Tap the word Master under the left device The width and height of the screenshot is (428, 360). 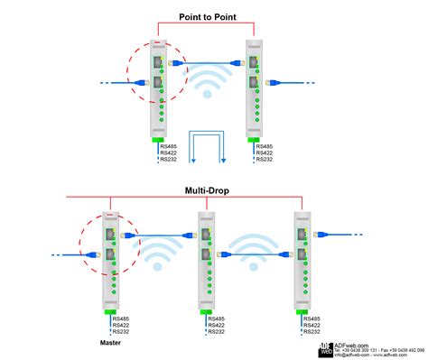[x=112, y=344]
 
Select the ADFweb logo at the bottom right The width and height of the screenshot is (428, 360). [x=325, y=350]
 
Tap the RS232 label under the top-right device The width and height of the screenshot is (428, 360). [x=265, y=161]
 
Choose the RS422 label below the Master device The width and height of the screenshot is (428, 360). [x=123, y=325]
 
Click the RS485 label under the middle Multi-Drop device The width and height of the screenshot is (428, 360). [x=217, y=318]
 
